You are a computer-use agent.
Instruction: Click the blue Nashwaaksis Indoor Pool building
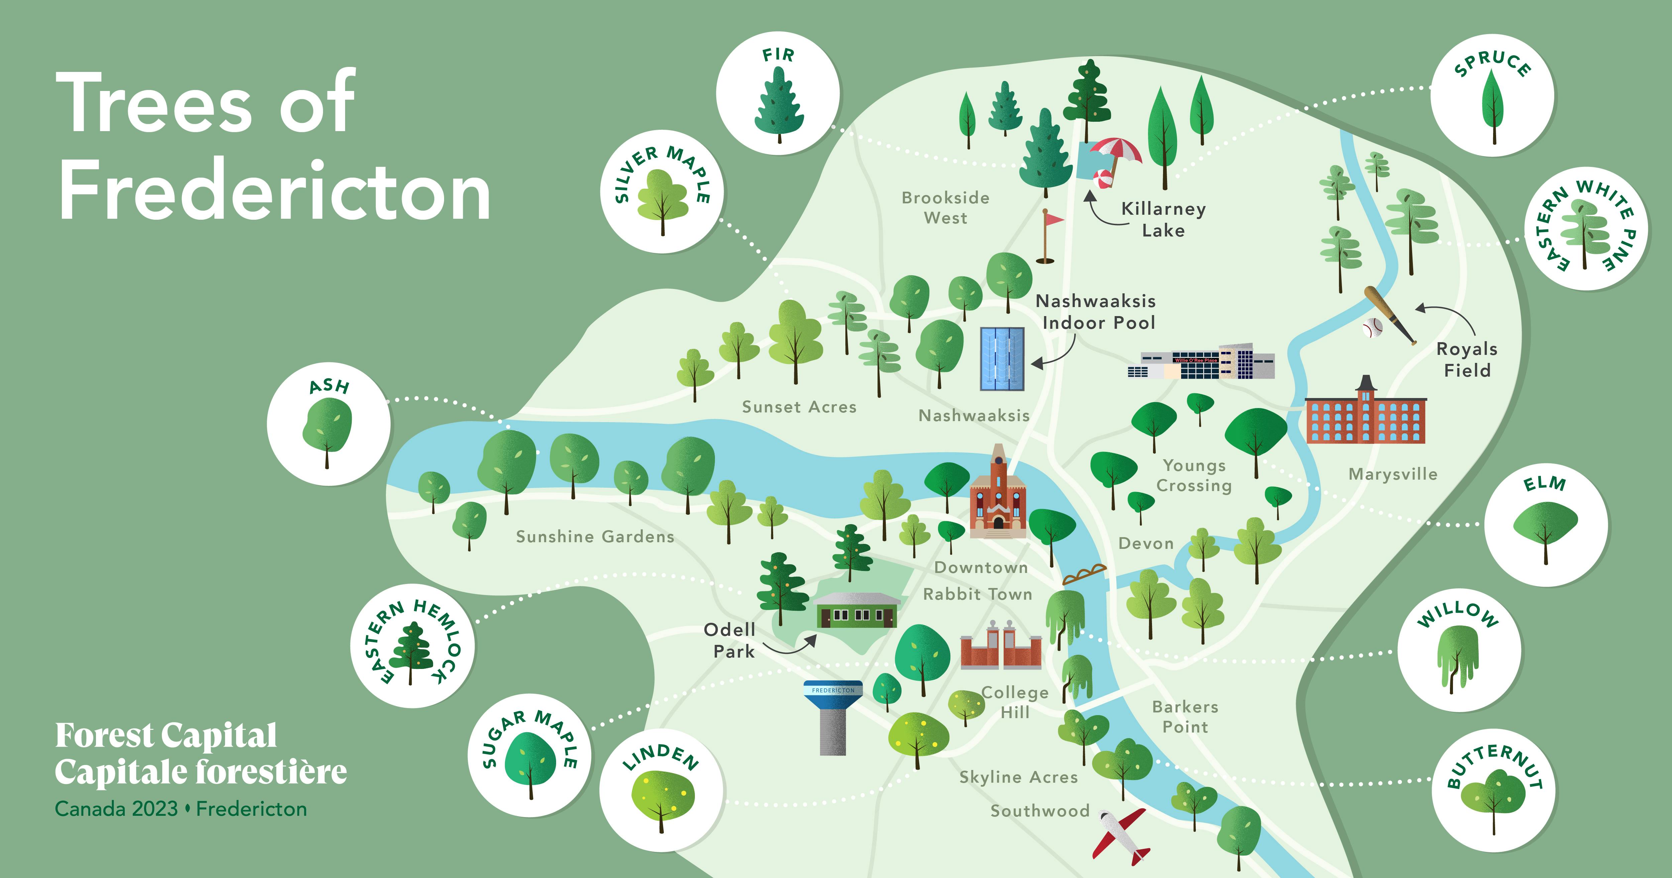coord(1002,359)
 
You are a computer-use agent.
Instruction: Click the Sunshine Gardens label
coord(595,536)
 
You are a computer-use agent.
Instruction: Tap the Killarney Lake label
coord(1163,219)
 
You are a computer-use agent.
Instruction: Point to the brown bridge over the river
coord(1083,575)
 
